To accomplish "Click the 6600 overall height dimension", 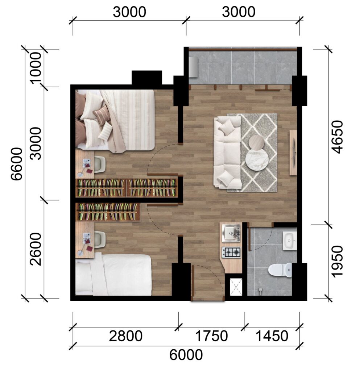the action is (x=17, y=164).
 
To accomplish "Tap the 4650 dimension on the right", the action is (x=337, y=137).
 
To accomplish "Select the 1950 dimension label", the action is (x=337, y=261).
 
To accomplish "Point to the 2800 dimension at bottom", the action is (x=126, y=336).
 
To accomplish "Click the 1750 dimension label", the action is (x=211, y=336).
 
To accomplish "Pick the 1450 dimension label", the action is (x=272, y=336).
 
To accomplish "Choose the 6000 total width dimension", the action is (x=186, y=354).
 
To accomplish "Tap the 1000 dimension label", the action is (x=36, y=67).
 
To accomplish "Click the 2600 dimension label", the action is (x=36, y=249).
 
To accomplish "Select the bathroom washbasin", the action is (x=289, y=241).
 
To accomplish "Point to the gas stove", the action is (x=231, y=253).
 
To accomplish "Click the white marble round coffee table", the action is (x=257, y=159).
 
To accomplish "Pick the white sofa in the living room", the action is (x=227, y=153).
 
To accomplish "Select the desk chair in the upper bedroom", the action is (x=100, y=165).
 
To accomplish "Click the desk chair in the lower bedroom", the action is (x=100, y=240).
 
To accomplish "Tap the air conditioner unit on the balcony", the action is (x=193, y=67).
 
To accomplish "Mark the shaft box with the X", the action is (x=236, y=287).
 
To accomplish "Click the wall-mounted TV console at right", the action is (x=293, y=153).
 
